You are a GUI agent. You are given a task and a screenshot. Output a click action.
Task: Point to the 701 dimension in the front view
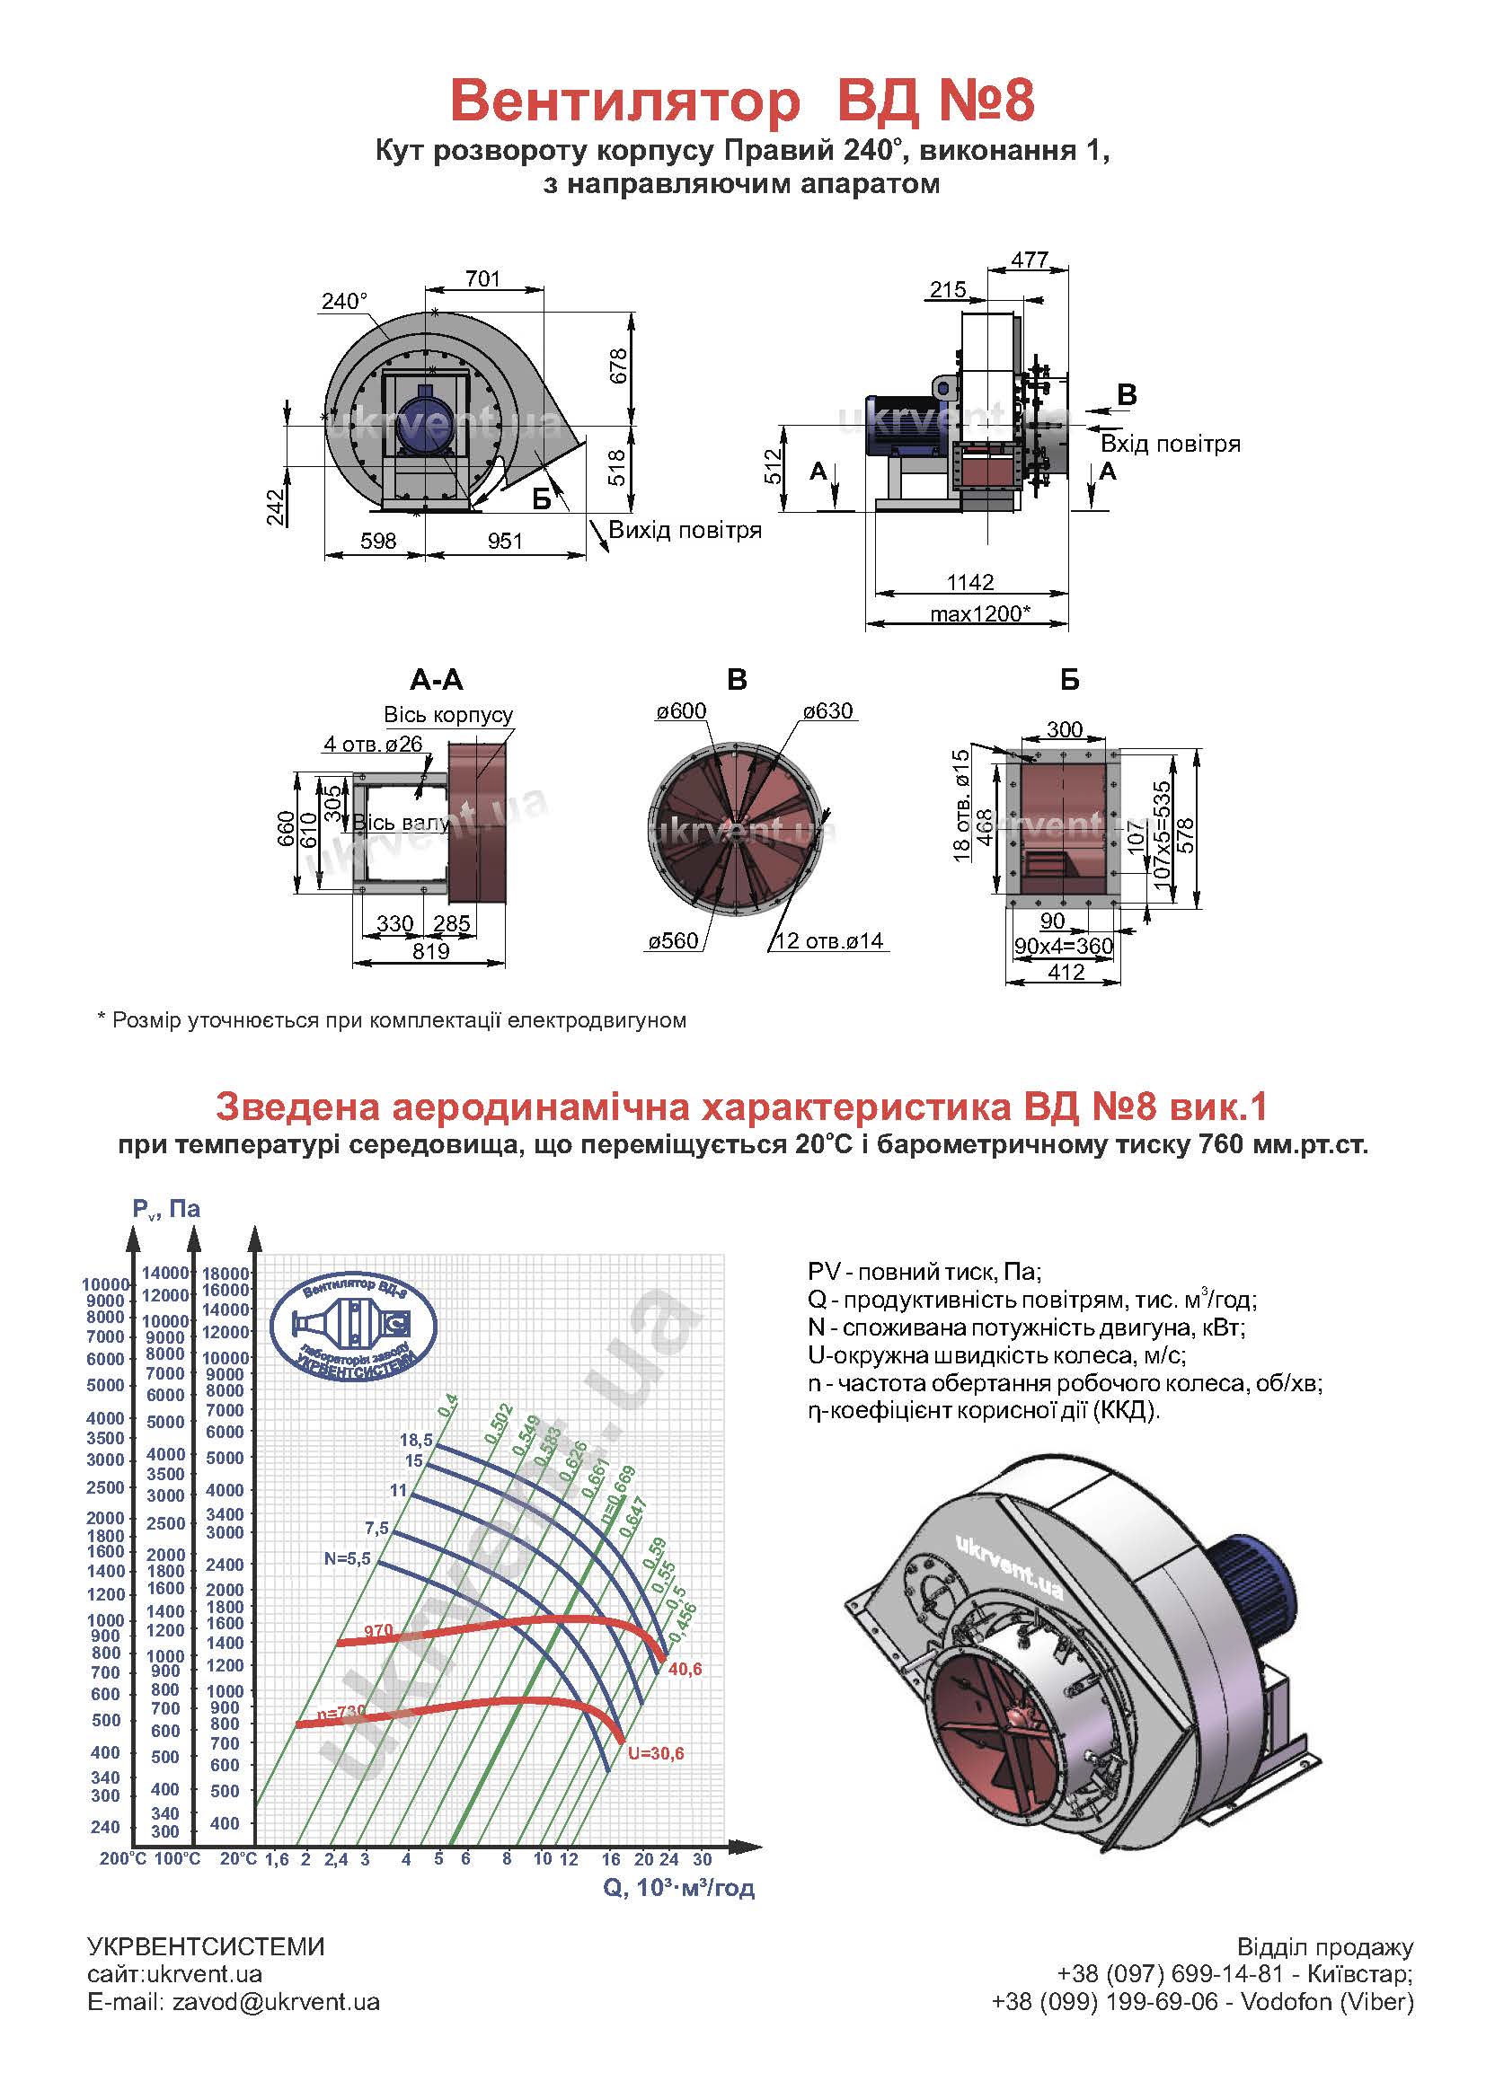483,278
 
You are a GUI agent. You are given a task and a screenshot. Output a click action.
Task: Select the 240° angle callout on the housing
344,301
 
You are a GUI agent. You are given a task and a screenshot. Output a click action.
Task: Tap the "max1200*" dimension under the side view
981,613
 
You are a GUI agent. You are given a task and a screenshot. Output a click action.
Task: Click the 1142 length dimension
970,582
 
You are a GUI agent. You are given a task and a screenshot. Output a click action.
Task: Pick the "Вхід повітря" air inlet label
1171,445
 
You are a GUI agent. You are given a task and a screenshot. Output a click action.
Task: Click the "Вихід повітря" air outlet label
686,531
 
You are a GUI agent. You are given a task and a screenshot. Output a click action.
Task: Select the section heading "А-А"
437,680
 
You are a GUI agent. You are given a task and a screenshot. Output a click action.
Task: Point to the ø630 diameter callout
827,710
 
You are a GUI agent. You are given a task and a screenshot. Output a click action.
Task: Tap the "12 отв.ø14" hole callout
829,940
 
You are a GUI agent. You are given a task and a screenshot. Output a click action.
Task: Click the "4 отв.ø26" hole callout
373,744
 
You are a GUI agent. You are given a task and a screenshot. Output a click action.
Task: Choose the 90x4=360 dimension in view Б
1063,946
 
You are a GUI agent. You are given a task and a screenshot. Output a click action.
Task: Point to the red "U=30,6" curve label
656,1753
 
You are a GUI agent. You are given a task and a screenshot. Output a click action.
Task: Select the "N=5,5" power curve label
347,1557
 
